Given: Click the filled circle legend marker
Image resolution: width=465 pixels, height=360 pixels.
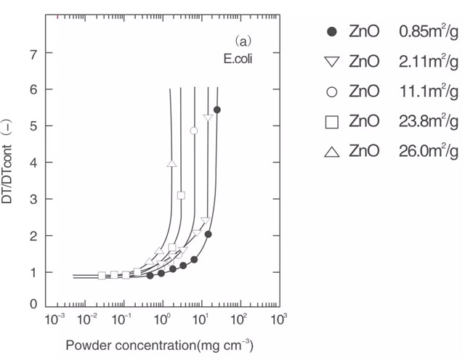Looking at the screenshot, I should (332, 31).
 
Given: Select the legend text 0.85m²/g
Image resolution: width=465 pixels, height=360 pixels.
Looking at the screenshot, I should (428, 31).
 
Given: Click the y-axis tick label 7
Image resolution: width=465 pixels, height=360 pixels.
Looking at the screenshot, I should (33, 53).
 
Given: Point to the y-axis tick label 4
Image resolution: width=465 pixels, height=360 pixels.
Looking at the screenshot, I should (33, 163).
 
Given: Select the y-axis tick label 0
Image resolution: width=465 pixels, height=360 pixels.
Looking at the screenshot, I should (33, 304).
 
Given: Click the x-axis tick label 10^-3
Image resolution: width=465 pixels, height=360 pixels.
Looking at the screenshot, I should (52, 320).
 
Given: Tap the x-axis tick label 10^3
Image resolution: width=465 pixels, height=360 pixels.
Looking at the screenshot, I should (277, 320).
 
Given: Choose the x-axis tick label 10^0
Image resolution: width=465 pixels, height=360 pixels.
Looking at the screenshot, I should (165, 320).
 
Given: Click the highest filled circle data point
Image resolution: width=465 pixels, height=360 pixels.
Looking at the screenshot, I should (217, 110).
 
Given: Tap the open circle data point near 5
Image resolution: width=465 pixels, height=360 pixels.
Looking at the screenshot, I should (194, 131).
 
